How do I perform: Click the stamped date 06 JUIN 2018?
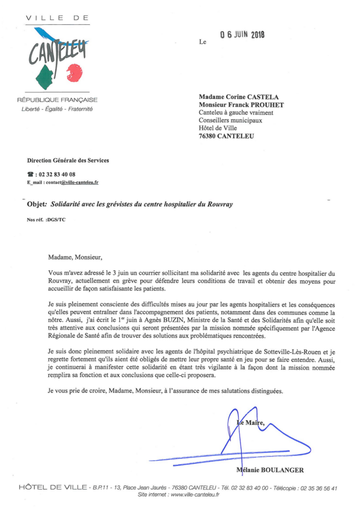(242, 35)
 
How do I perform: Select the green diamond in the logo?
(45, 77)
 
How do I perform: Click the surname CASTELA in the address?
(264, 97)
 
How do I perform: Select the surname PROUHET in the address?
(265, 105)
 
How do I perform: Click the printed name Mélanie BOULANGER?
(271, 470)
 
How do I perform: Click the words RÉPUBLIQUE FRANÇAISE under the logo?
(57, 100)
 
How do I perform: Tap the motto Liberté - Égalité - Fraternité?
(57, 109)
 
